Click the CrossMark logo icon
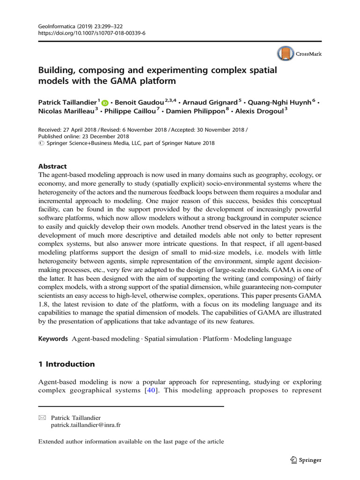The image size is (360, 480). (x=285, y=54)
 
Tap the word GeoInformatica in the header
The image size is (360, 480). (x=55, y=27)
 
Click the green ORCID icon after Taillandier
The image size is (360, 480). (x=105, y=103)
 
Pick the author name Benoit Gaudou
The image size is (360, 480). (x=136, y=102)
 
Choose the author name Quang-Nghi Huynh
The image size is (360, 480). (x=279, y=102)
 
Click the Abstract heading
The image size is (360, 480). (x=52, y=166)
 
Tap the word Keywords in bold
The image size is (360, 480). (x=53, y=338)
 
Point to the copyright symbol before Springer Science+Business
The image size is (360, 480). (x=40, y=143)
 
